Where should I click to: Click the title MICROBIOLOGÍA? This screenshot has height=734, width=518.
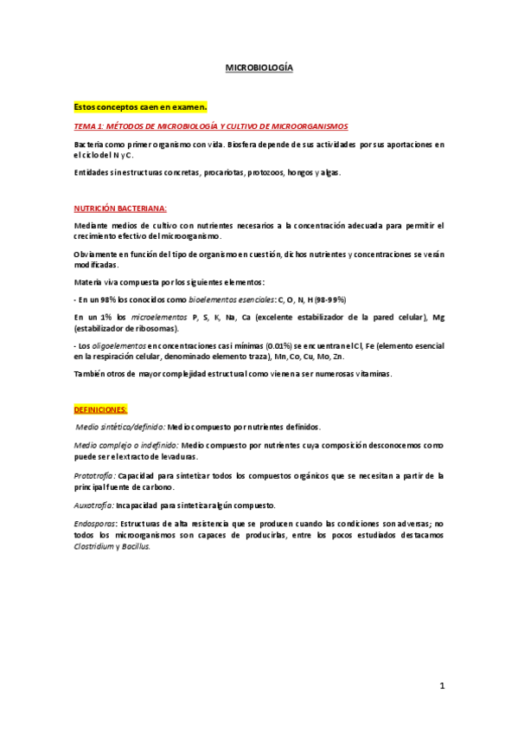pos(259,66)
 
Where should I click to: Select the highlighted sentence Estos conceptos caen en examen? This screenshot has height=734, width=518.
pos(140,107)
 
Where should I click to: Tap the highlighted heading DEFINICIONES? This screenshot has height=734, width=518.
pos(101,409)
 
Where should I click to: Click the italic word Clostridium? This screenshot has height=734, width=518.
pos(96,546)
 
